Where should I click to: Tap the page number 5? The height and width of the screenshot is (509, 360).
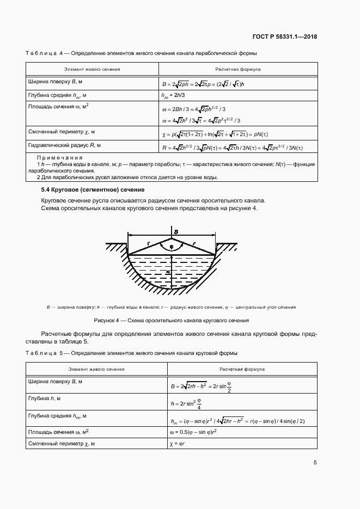click(315, 463)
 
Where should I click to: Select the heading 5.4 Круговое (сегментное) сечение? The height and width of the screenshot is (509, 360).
click(93, 189)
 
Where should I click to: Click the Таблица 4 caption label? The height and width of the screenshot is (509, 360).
click(44, 53)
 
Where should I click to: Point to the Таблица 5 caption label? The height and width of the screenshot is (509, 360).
click(44, 354)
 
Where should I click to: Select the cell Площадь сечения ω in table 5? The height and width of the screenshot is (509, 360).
click(58, 432)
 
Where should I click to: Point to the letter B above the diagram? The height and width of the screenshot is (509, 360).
click(175, 232)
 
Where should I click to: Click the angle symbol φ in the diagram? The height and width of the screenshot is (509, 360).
click(172, 246)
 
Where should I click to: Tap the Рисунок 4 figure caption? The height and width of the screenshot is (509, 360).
click(171, 321)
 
